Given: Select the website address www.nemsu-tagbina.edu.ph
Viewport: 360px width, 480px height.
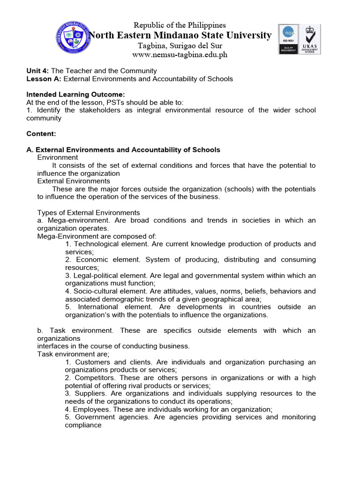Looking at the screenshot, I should (180, 55).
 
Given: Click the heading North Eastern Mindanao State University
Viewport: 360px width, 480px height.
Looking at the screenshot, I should (180, 35).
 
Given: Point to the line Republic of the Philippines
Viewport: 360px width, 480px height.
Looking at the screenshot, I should (180, 25).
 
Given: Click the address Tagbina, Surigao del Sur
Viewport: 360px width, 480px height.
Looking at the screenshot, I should (180, 45).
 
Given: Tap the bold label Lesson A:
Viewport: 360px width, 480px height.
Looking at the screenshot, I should (44, 79).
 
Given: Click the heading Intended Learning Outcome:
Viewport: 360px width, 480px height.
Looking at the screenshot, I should (75, 95).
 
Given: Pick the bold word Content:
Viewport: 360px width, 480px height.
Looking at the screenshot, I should (41, 134).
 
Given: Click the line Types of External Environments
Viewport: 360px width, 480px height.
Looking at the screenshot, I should (89, 213).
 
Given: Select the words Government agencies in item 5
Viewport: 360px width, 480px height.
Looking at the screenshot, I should (109, 417).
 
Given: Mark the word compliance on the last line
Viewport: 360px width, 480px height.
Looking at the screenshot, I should (83, 425).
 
